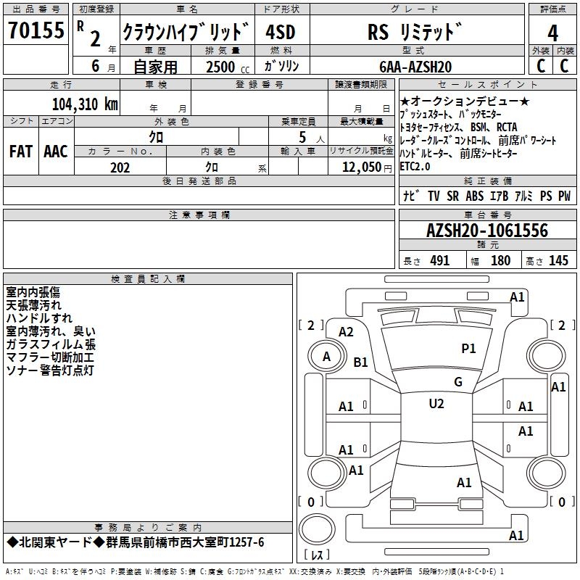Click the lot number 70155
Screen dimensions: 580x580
click(36, 31)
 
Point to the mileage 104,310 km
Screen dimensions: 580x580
click(85, 104)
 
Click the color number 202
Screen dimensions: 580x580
click(120, 167)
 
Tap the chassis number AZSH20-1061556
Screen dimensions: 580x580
click(486, 231)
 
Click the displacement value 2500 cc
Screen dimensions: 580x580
click(222, 67)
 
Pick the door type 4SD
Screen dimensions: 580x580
click(281, 32)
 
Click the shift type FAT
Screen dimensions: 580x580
click(21, 151)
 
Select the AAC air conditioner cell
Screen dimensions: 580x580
click(56, 151)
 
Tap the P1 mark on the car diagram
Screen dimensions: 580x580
click(468, 348)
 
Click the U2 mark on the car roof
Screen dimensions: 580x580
click(436, 403)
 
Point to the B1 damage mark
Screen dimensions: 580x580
click(360, 362)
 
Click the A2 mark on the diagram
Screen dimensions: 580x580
click(346, 331)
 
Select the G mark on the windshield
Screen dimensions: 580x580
click(457, 382)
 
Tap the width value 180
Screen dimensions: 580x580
click(500, 261)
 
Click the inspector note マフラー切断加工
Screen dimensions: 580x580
click(49, 357)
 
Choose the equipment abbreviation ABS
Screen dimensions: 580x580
click(474, 196)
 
